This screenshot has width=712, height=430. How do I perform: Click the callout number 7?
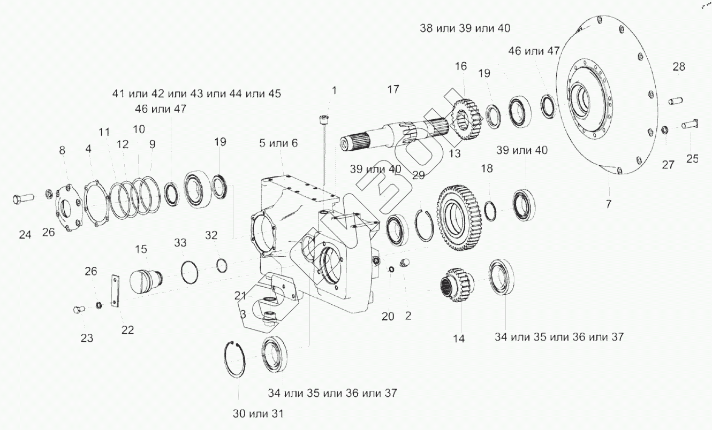click(608, 204)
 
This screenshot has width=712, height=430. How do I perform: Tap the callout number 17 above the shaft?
click(393, 89)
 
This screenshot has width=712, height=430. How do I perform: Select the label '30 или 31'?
click(258, 413)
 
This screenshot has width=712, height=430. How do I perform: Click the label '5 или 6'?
click(278, 143)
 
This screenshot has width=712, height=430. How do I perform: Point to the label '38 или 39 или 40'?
click(465, 28)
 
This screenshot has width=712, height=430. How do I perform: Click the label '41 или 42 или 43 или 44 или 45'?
click(197, 94)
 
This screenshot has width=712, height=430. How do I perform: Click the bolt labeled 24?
click(24, 198)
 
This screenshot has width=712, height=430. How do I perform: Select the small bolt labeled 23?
click(78, 309)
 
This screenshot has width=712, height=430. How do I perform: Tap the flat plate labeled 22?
click(116, 291)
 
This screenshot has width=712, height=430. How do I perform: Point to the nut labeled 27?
click(664, 129)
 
